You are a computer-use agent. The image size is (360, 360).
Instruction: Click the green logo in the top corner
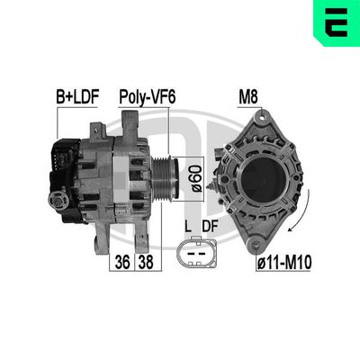(x=336, y=22)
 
